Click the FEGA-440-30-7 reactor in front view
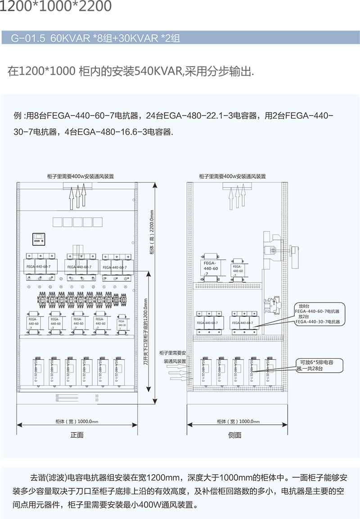click(x=121, y=322)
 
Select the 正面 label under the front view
click(x=77, y=435)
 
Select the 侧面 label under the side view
click(x=234, y=435)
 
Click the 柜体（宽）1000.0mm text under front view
click(x=76, y=421)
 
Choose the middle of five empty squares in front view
click(x=77, y=222)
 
